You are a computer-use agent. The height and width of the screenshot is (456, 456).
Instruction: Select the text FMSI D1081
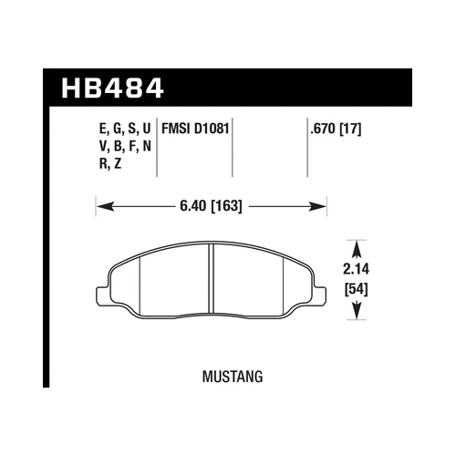click(x=194, y=130)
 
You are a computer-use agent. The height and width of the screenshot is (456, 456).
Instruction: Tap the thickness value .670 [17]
click(x=336, y=130)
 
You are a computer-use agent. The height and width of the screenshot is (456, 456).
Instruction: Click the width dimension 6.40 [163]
click(x=211, y=207)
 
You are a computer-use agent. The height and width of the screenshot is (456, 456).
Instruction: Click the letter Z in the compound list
click(x=119, y=164)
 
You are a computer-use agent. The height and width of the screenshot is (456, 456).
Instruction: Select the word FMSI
click(x=175, y=130)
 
